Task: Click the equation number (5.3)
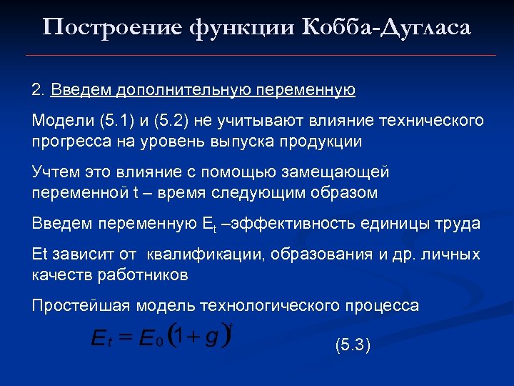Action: click(353, 346)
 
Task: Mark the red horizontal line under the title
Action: click(260, 55)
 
